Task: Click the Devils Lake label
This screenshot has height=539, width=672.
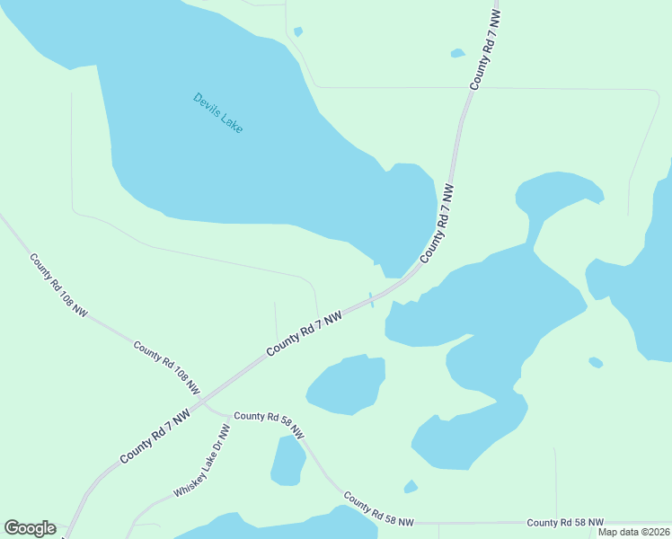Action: pyautogui.click(x=217, y=113)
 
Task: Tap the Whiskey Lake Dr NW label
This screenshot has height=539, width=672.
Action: pyautogui.click(x=202, y=461)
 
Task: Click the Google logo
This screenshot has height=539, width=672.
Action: pyautogui.click(x=30, y=528)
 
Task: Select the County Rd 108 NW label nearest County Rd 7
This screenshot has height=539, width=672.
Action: pyautogui.click(x=166, y=368)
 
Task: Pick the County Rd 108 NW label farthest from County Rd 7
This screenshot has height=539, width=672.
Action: pyautogui.click(x=58, y=286)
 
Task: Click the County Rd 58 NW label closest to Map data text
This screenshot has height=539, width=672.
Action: pyautogui.click(x=565, y=522)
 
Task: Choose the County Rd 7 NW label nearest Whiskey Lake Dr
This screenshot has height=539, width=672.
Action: pyautogui.click(x=155, y=439)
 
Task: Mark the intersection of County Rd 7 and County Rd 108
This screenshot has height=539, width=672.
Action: pyautogui.click(x=200, y=402)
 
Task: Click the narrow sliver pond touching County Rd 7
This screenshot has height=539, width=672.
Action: pyautogui.click(x=371, y=299)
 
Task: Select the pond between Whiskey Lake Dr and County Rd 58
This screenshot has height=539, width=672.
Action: pyautogui.click(x=288, y=460)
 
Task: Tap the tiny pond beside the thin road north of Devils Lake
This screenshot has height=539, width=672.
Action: pyautogui.click(x=298, y=32)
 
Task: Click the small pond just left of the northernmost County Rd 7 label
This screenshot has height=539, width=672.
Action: pyautogui.click(x=457, y=53)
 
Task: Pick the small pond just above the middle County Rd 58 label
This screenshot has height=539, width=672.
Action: pyautogui.click(x=411, y=487)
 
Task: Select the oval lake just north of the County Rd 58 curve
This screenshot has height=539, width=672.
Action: pyautogui.click(x=347, y=384)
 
